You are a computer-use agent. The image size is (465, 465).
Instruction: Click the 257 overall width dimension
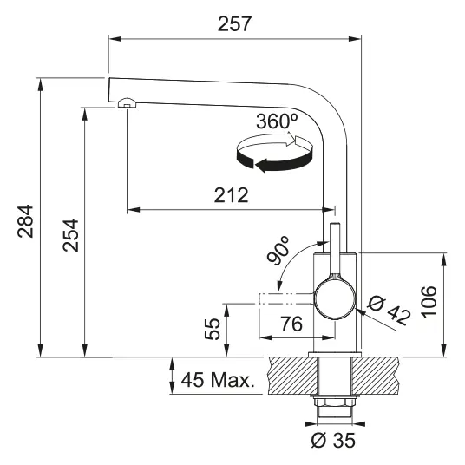234,23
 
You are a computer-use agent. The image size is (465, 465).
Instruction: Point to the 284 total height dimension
25,221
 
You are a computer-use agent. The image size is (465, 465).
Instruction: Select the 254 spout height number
70,235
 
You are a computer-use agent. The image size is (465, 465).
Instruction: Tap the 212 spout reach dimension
231,195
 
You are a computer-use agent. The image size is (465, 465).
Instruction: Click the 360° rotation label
277,121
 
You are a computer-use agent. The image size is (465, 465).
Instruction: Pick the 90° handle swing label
278,251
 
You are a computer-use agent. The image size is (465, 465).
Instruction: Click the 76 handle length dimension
291,324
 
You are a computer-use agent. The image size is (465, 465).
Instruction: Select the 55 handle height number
213,329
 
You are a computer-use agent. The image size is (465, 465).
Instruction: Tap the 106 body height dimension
429,302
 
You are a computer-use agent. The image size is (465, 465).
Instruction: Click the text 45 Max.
218,380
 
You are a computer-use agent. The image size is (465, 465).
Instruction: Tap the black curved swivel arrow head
262,165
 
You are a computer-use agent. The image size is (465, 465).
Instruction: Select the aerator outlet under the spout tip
128,102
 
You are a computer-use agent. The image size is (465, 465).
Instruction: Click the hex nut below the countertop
335,403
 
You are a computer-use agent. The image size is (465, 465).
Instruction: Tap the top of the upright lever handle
335,223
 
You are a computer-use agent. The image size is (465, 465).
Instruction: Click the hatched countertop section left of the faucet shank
293,376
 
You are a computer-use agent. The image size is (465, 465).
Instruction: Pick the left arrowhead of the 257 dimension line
115,39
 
